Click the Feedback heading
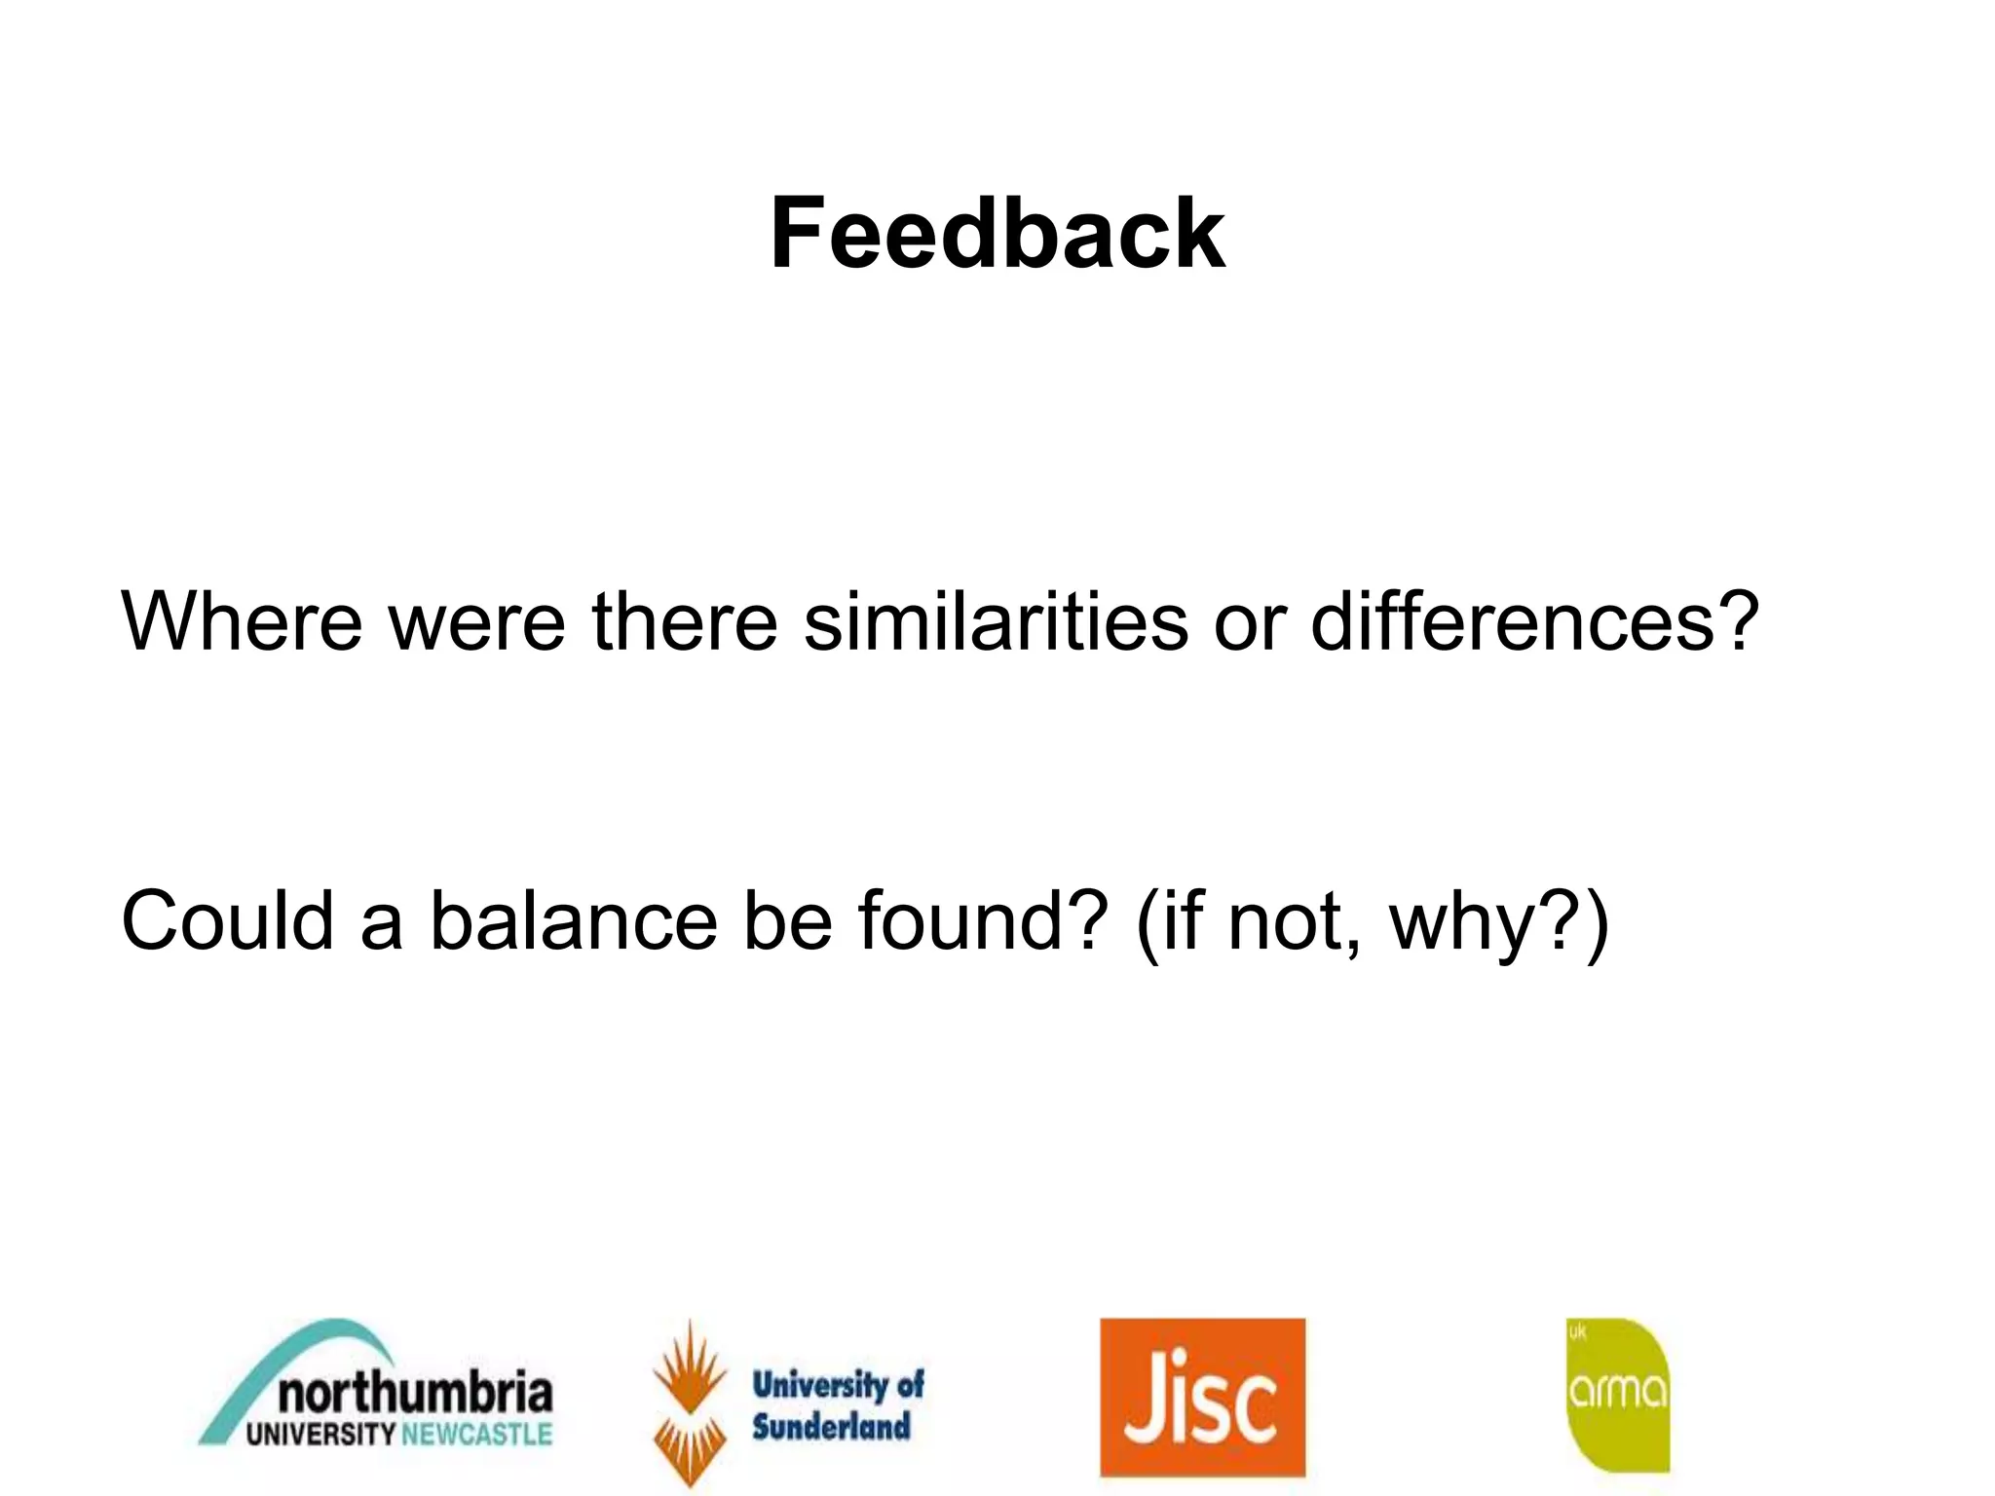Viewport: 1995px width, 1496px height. [997, 234]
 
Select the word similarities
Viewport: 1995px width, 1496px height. [995, 621]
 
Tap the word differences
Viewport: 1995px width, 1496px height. [1534, 621]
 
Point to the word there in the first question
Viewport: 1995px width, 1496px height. [685, 621]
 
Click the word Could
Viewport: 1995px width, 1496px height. [227, 920]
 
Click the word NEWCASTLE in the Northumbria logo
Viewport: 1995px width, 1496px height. [476, 1435]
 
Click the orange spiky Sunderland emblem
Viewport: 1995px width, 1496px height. [690, 1402]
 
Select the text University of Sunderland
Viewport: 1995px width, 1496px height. [837, 1404]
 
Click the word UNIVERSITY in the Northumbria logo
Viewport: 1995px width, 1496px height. [320, 1435]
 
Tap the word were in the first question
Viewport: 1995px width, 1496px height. [476, 621]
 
